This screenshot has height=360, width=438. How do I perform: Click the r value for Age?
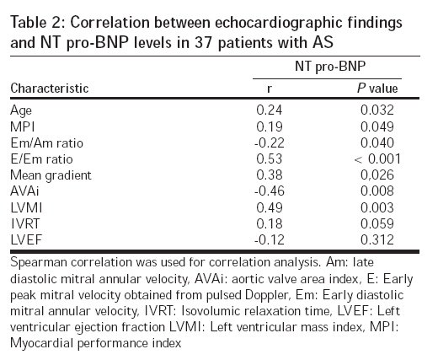tap(269, 110)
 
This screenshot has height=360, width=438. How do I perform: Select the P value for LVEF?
tap(377, 240)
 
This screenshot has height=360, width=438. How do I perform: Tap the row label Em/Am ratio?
tap(47, 143)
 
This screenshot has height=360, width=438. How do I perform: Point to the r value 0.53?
tap(269, 159)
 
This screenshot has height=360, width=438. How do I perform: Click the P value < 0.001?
tap(377, 159)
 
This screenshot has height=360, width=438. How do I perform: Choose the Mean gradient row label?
tap(51, 175)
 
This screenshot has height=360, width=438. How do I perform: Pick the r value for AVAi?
tap(270, 191)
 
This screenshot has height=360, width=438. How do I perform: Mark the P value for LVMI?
tap(377, 207)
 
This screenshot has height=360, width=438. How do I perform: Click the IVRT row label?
tap(25, 224)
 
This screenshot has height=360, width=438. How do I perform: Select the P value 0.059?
tap(377, 224)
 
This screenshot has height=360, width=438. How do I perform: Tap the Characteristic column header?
tap(50, 89)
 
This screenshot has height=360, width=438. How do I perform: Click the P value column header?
tap(377, 89)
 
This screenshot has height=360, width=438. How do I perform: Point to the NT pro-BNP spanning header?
tap(330, 67)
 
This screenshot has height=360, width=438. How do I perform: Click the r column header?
tap(270, 89)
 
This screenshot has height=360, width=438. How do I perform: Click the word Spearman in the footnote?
tap(39, 263)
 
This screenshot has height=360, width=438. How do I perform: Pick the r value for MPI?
tap(269, 126)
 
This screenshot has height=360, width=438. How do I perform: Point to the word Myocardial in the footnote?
tap(42, 344)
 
